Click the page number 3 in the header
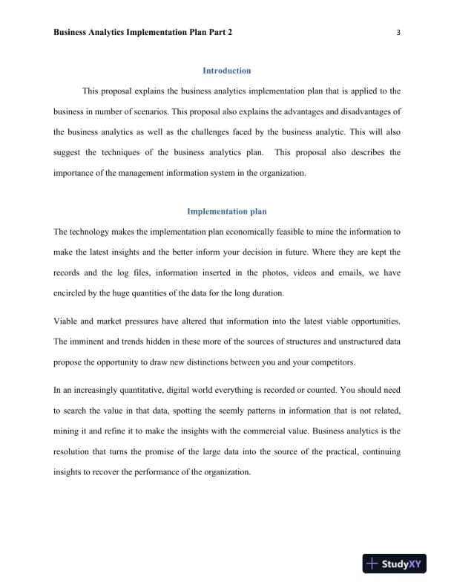(x=399, y=33)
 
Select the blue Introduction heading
(x=227, y=71)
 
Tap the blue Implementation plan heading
(x=227, y=211)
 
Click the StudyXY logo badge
(x=395, y=564)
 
